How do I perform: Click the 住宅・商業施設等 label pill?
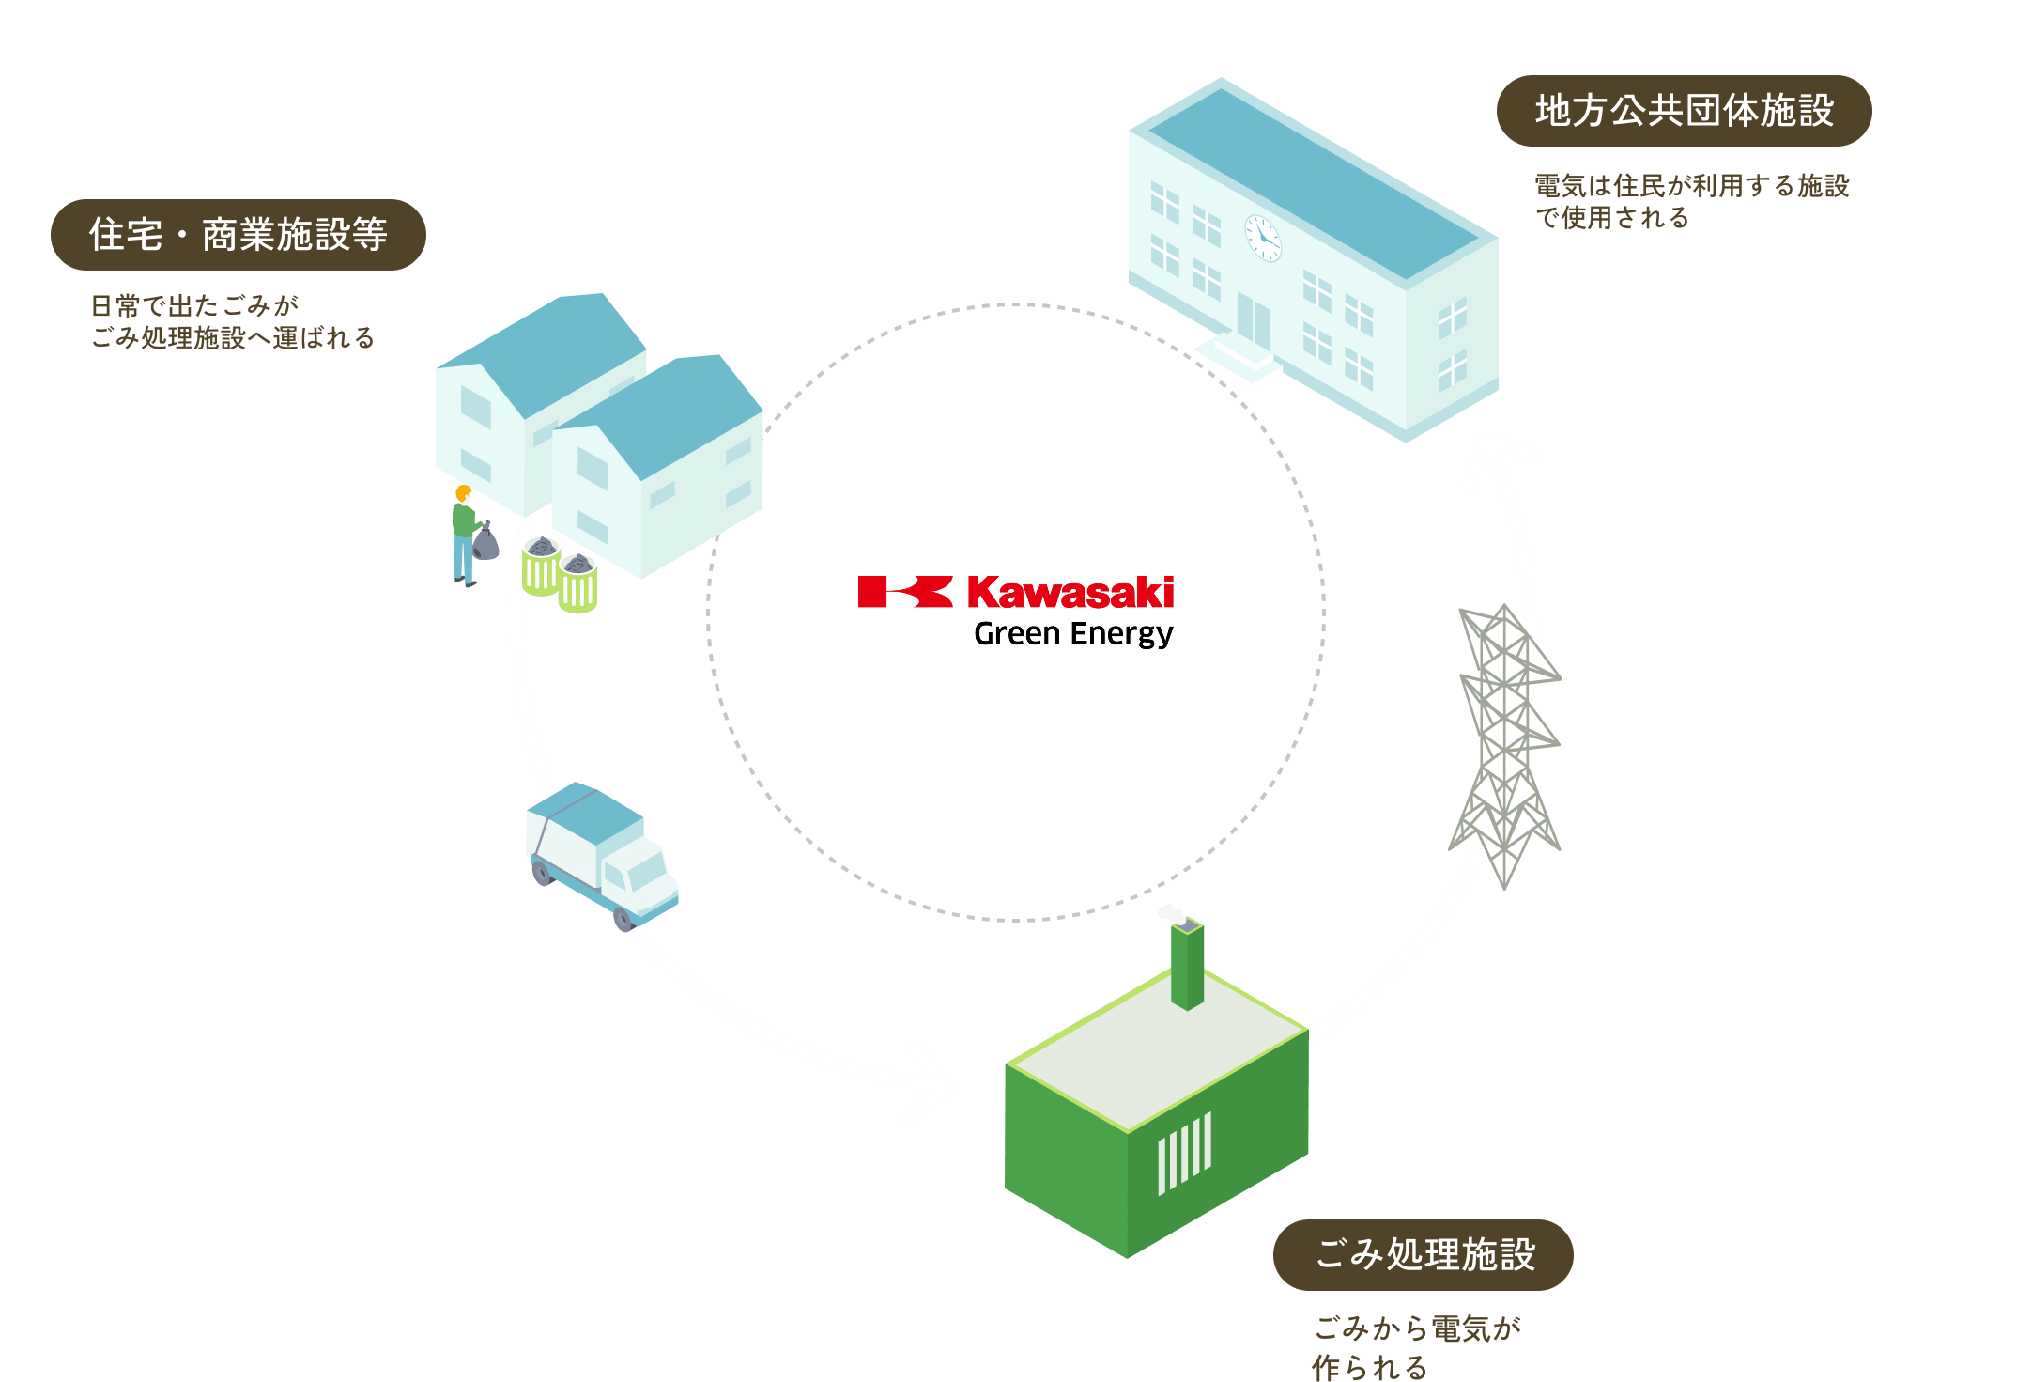coord(238,235)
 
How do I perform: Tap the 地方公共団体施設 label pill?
coord(1684,111)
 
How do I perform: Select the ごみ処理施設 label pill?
coord(1423,1254)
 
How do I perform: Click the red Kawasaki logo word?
coord(1070,593)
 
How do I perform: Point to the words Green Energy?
coord(1073,634)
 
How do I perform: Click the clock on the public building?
coord(1263,238)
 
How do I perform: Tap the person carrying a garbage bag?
coord(466,536)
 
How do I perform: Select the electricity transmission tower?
coord(1505,742)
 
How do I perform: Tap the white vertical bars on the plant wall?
coord(1184,1153)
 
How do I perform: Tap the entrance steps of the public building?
coord(1238,361)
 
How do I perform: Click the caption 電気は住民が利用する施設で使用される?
coord(1690,201)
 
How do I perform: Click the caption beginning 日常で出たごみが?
coord(232,321)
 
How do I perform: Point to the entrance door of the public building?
coord(1253,319)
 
